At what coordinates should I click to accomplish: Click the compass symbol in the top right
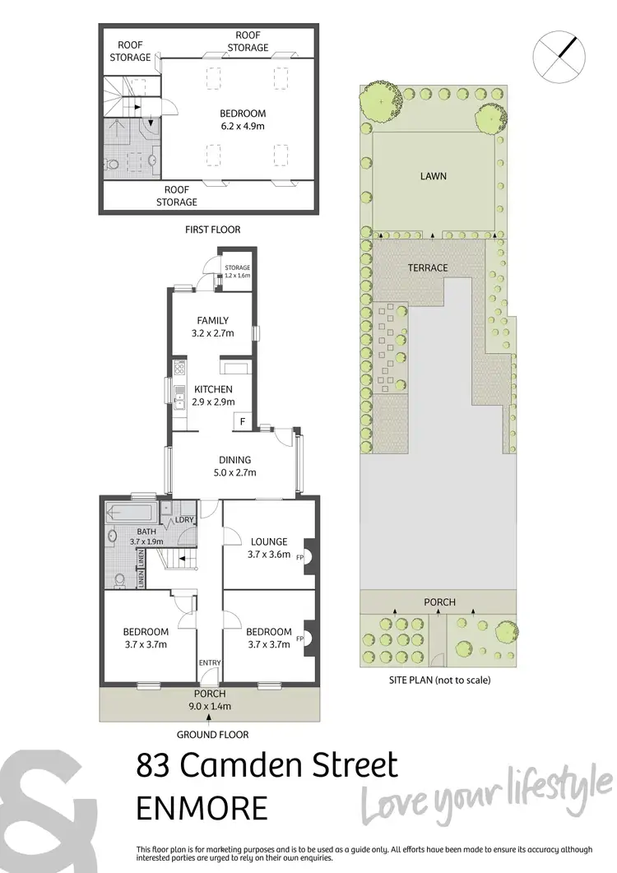(x=559, y=54)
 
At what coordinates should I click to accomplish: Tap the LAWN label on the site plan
(x=434, y=176)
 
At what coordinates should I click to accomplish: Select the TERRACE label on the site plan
(x=428, y=268)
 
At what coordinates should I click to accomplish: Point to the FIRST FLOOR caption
(x=213, y=230)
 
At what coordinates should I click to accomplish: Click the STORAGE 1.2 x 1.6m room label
(x=238, y=272)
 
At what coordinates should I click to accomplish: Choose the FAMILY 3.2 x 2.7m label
(x=212, y=327)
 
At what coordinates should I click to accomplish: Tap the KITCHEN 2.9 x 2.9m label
(x=213, y=396)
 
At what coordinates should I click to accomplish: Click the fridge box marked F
(x=242, y=423)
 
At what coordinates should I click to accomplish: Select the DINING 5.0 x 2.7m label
(x=234, y=467)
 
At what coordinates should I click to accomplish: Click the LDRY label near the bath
(x=183, y=522)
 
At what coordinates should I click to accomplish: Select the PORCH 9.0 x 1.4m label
(x=210, y=700)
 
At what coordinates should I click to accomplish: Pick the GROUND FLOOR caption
(x=213, y=735)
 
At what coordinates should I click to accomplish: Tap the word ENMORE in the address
(x=202, y=807)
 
